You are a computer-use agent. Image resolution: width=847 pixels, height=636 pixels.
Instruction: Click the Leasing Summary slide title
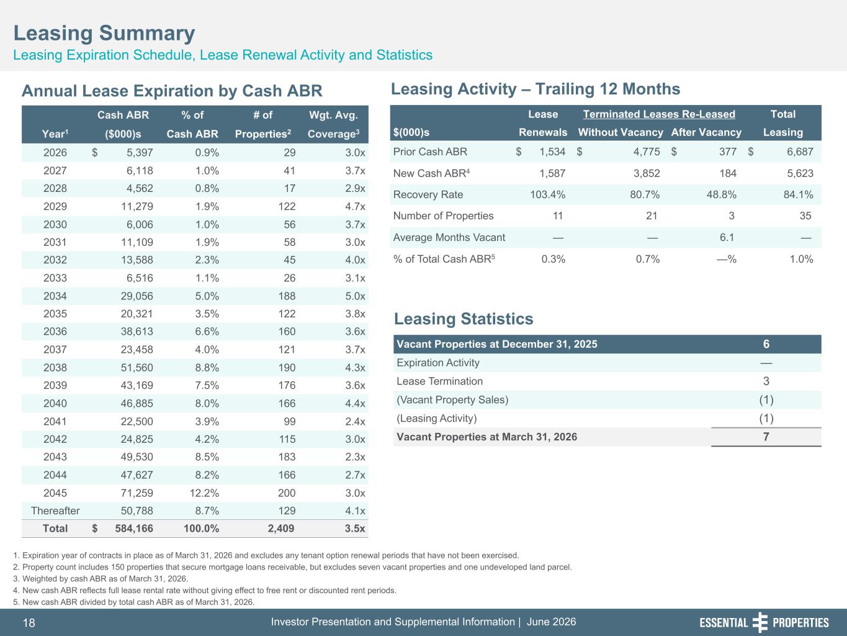[x=104, y=33]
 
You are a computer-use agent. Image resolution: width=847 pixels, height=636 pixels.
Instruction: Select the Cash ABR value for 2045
[x=137, y=493]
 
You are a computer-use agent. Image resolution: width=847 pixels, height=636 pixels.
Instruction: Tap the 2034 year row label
[x=55, y=296]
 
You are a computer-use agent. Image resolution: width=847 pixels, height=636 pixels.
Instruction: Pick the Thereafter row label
[x=55, y=511]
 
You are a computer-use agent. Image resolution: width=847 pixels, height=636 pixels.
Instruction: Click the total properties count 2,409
[x=281, y=529]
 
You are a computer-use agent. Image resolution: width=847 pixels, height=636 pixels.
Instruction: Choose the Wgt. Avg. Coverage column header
[x=333, y=124]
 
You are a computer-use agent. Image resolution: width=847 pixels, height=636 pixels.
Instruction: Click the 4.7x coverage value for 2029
[x=355, y=206]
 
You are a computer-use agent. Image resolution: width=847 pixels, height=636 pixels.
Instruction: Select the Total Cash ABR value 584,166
[x=134, y=529]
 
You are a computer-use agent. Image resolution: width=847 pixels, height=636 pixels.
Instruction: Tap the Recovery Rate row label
[x=428, y=194]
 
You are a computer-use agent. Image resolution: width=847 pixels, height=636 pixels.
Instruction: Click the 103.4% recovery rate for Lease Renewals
[x=547, y=194]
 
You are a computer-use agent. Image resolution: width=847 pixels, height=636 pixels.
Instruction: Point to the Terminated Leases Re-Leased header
[x=659, y=114]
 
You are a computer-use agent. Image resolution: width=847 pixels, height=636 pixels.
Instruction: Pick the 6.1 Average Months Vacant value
[x=727, y=237]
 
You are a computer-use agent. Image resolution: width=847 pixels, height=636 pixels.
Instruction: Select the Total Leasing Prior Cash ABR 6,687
[x=800, y=152]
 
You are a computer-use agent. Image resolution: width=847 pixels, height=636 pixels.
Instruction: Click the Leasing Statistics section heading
[x=464, y=319]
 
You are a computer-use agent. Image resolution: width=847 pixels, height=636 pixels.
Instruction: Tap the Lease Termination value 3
[x=766, y=381]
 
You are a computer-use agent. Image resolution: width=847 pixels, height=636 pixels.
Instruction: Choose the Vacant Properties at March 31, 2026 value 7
[x=766, y=437]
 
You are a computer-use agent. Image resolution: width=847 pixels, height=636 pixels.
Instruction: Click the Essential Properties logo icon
[x=760, y=622]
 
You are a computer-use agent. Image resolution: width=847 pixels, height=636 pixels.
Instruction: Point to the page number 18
[x=29, y=622]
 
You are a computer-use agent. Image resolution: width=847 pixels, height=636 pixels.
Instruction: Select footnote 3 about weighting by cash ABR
[x=101, y=578]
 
